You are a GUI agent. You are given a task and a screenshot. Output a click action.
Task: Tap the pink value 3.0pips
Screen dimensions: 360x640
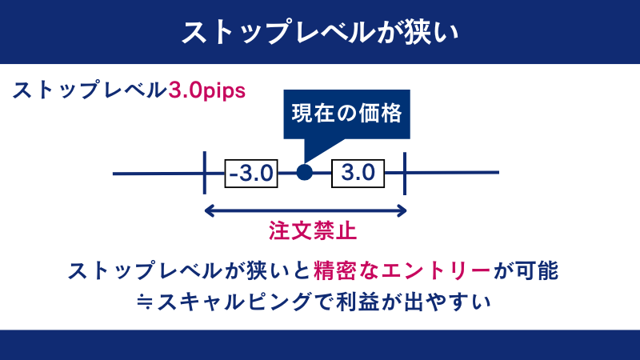(x=206, y=89)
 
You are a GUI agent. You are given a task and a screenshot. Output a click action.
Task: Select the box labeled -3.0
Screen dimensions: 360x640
(x=251, y=172)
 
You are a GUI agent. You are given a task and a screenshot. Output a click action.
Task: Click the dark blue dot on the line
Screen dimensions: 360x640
(x=304, y=172)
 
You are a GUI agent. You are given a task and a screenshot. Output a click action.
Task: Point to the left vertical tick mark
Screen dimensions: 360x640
(x=205, y=172)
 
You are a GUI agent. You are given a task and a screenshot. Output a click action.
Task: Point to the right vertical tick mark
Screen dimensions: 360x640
(x=405, y=172)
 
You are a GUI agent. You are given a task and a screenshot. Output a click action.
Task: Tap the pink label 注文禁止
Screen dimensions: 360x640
(x=311, y=232)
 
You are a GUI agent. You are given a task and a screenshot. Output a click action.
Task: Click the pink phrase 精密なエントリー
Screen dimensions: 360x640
(x=402, y=270)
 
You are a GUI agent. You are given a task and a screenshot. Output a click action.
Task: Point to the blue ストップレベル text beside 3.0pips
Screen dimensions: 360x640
(x=88, y=89)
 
